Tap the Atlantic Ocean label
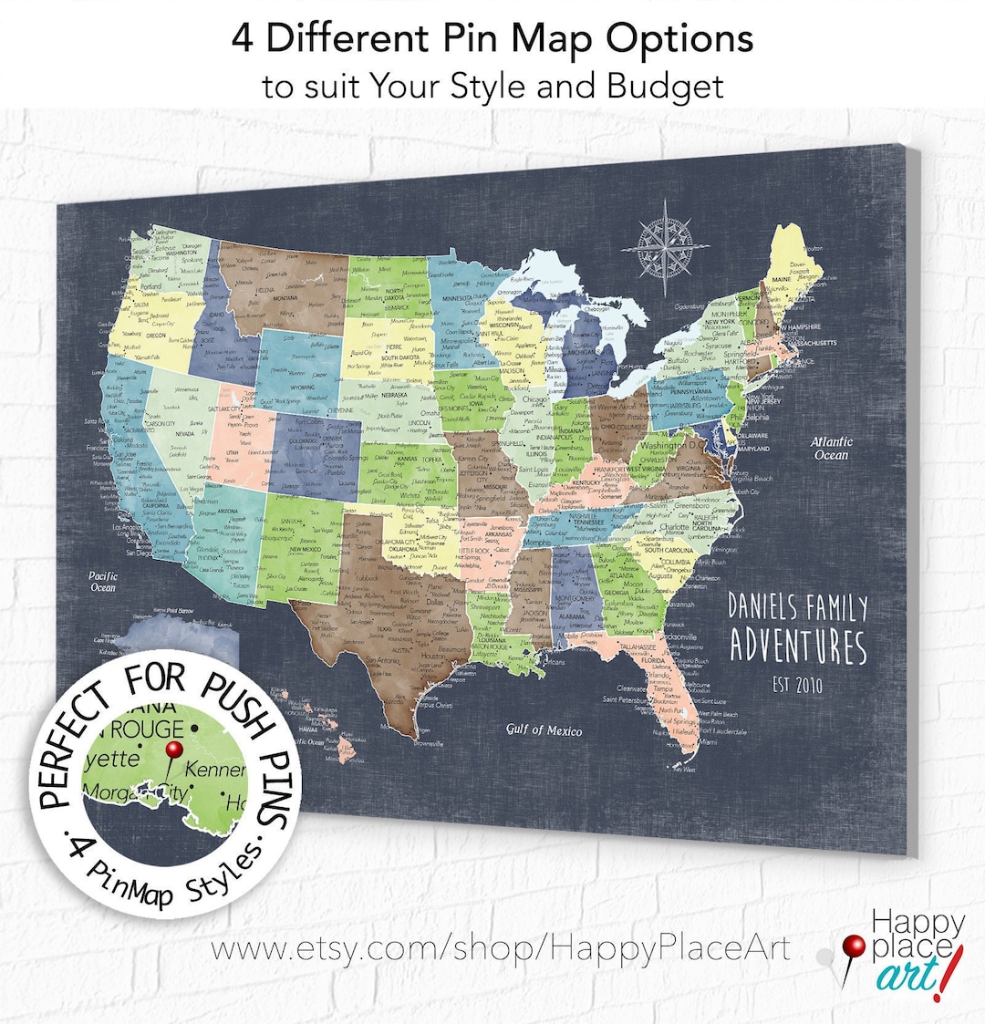831,449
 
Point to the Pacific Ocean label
102,582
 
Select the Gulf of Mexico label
544,729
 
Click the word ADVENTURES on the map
798,646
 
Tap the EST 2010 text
797,684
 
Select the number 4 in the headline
242,38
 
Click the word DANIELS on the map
762,608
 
